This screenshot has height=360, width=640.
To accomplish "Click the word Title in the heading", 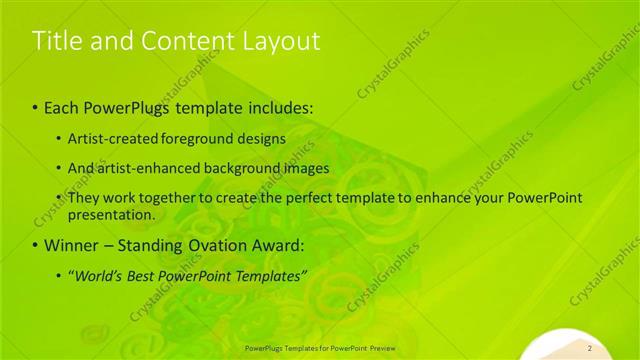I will tap(54, 41).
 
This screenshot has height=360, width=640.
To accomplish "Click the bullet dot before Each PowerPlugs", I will tap(36, 107).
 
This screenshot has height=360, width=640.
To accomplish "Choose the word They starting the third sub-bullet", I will tap(84, 198).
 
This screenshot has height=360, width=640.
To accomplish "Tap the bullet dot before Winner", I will tap(36, 245).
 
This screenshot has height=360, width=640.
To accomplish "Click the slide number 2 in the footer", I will tap(591, 348).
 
